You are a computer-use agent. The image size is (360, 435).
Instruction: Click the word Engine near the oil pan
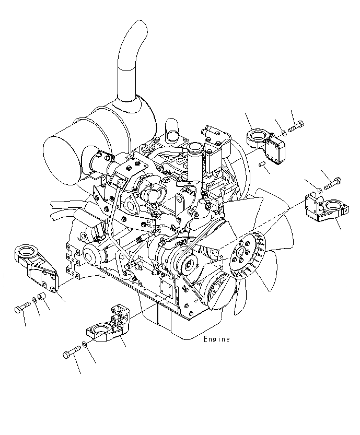[216, 339]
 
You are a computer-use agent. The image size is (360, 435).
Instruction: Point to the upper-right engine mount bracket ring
[257, 139]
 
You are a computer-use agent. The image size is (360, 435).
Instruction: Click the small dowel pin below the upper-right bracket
[264, 167]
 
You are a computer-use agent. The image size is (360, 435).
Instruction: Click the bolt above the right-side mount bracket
[333, 183]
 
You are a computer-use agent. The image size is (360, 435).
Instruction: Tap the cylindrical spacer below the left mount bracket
[43, 297]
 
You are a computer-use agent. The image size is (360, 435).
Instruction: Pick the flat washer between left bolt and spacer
[34, 300]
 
